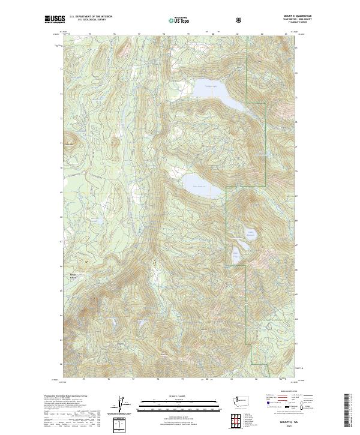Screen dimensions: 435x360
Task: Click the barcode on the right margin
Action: [346, 410]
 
